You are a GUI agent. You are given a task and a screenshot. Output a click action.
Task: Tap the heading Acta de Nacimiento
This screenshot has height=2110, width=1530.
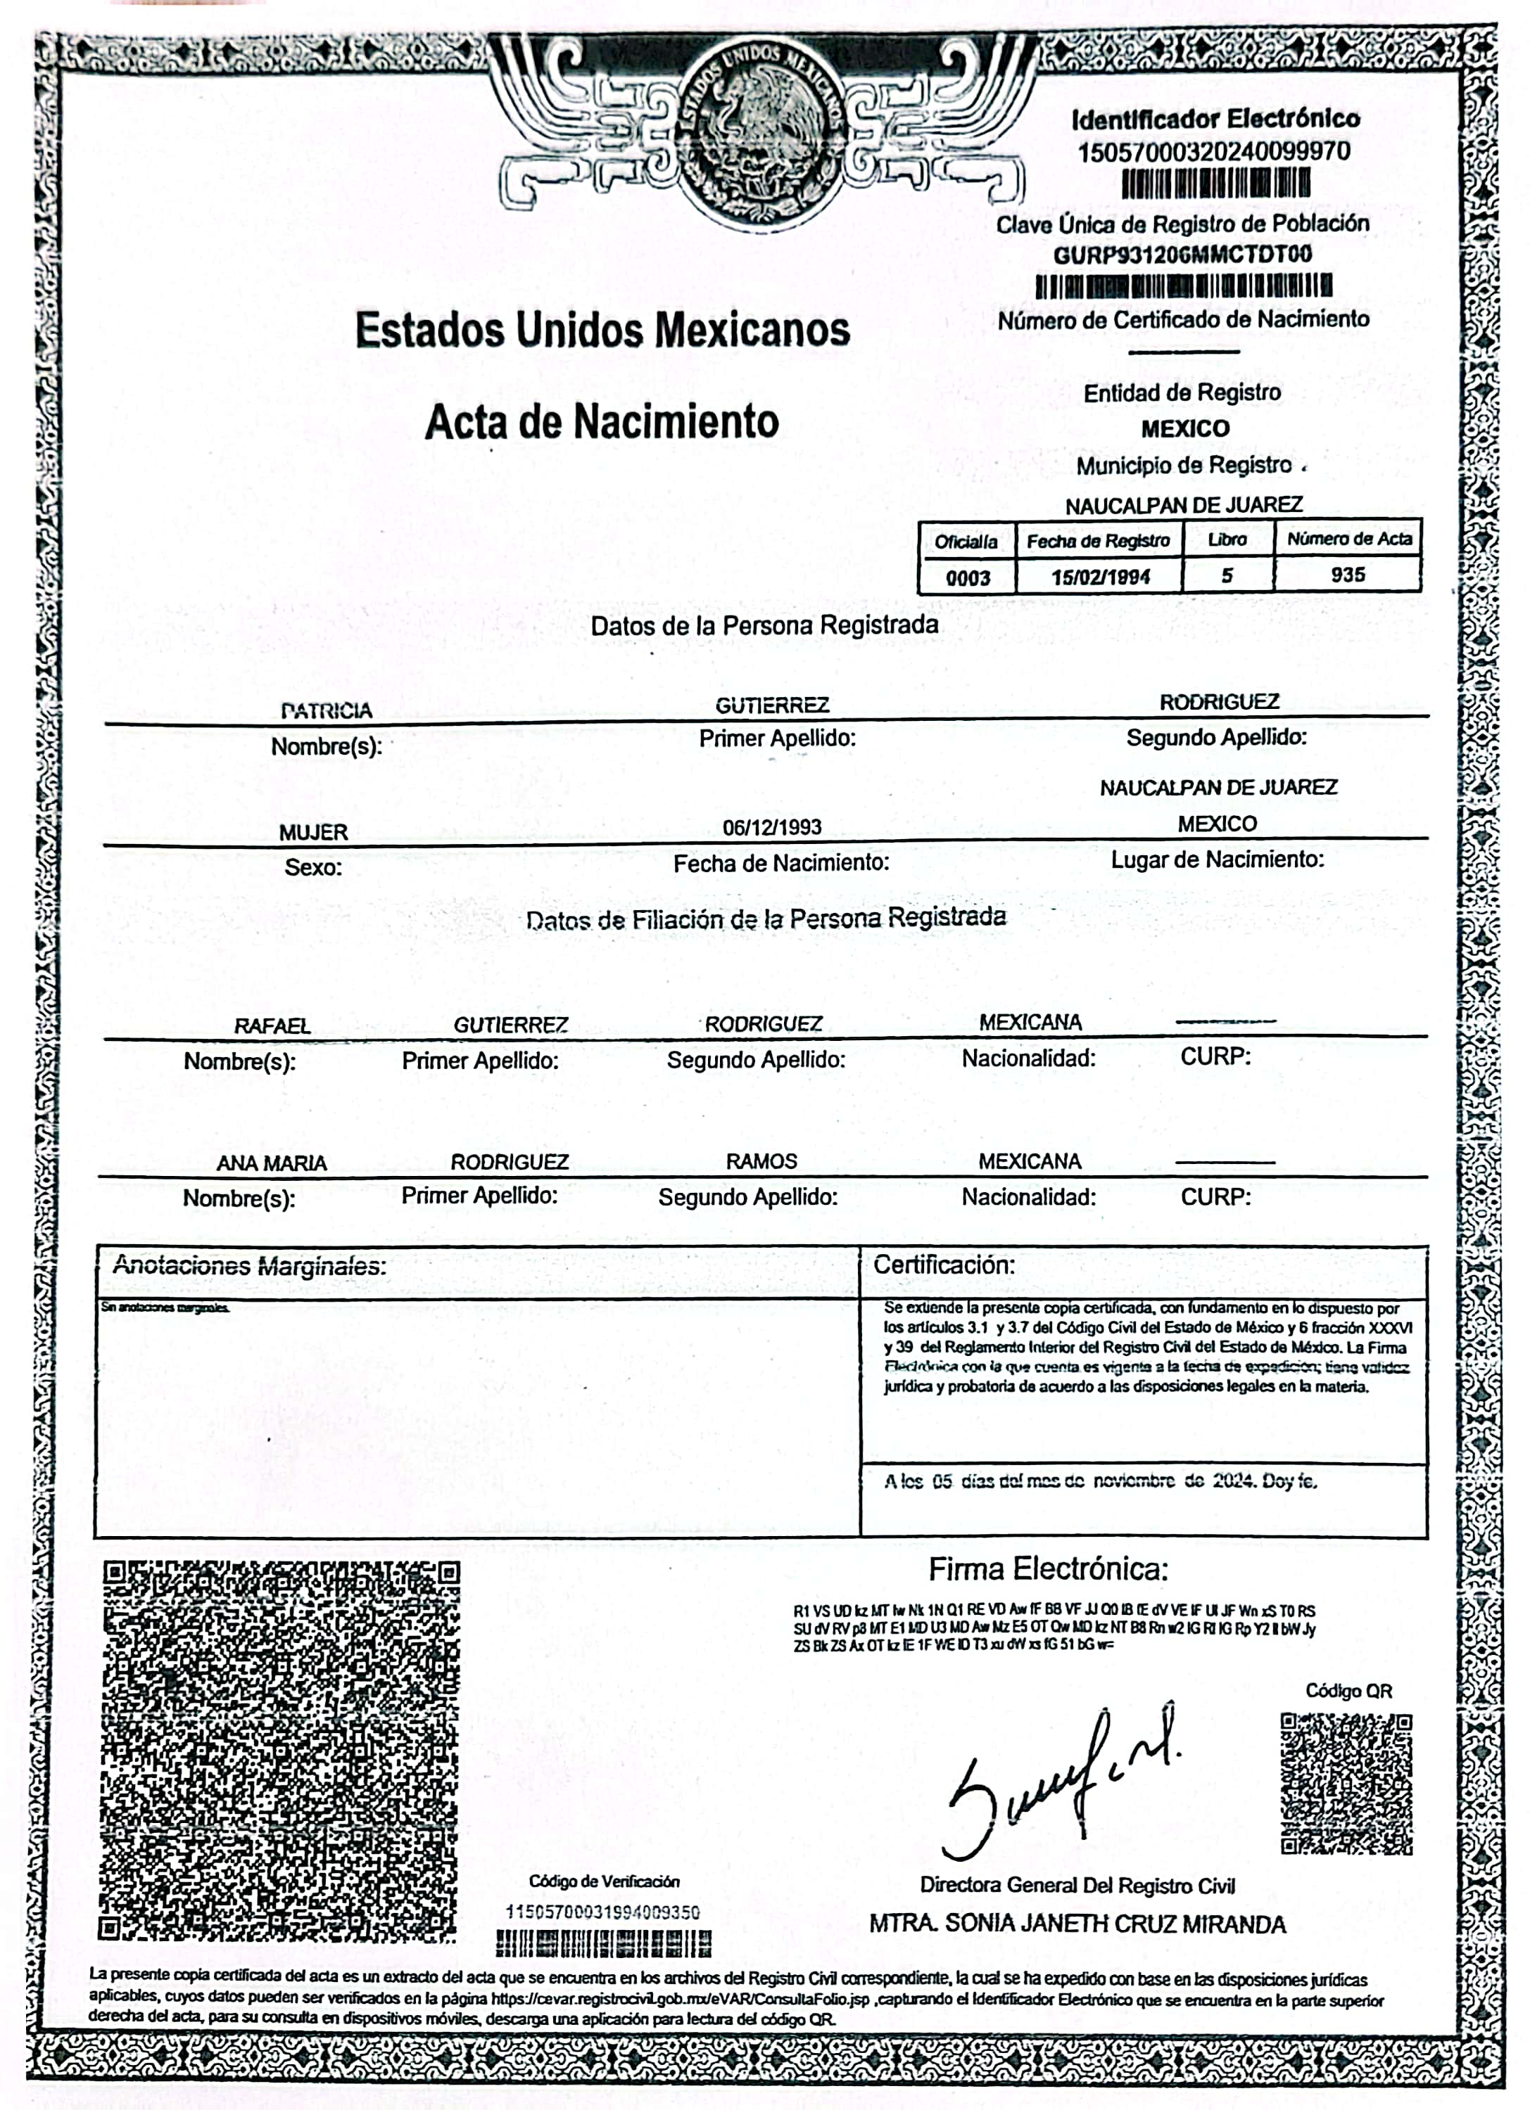click(601, 421)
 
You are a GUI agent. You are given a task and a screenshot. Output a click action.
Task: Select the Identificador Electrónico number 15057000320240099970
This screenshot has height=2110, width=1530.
click(1213, 152)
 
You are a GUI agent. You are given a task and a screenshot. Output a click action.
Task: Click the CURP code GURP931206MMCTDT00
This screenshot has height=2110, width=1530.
click(1182, 254)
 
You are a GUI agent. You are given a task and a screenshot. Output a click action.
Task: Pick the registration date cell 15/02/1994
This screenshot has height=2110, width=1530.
click(1100, 577)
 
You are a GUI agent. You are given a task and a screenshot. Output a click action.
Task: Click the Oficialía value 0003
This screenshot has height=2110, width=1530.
click(967, 577)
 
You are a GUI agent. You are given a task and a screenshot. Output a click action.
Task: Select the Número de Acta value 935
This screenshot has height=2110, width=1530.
click(1348, 575)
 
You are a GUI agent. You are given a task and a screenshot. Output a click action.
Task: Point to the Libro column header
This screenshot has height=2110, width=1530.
click(1227, 539)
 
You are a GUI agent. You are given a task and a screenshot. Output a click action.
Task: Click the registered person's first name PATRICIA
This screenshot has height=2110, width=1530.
click(326, 711)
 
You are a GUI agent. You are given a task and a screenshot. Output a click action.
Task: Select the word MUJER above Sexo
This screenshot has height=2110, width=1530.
click(314, 833)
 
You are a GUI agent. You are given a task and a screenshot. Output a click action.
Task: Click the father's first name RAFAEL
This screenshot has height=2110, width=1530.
click(272, 1026)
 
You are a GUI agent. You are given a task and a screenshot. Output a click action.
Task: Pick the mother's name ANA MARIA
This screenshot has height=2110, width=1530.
click(272, 1163)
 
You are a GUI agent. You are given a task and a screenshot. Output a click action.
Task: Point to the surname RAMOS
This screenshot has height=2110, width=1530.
click(761, 1161)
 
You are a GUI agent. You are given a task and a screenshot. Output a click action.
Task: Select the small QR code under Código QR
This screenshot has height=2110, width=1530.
click(1346, 1784)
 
